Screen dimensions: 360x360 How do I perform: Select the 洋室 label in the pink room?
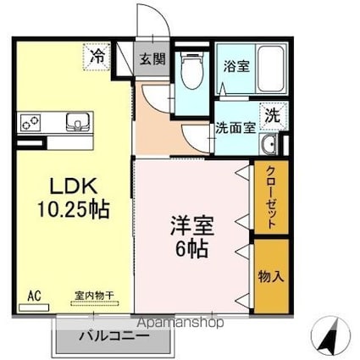tap(192, 227)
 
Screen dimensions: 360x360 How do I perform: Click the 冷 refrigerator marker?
tap(98, 58)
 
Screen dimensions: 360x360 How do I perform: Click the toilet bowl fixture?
tap(193, 75)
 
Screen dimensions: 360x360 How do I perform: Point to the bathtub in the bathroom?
tap(269, 70)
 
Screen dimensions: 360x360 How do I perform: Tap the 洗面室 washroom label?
tap(234, 129)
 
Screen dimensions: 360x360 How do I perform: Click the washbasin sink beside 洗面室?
tap(270, 144)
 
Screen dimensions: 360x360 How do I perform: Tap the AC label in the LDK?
tap(33, 296)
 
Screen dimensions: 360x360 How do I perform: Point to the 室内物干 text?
tap(95, 296)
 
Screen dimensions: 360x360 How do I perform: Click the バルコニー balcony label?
tap(114, 336)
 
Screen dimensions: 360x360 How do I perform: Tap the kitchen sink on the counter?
tap(77, 123)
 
